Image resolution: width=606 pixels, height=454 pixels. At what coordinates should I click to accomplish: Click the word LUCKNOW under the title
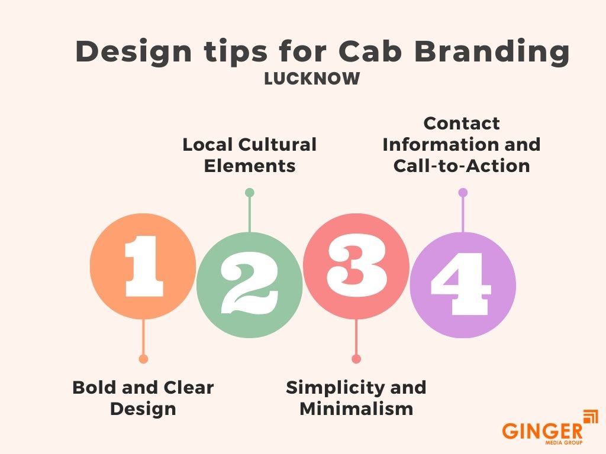pyautogui.click(x=312, y=79)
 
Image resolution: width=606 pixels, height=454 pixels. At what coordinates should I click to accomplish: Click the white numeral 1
pyautogui.click(x=143, y=266)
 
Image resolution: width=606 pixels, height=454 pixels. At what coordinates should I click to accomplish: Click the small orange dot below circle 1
pyautogui.click(x=143, y=359)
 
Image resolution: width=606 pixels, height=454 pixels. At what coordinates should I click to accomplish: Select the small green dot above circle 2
pyautogui.click(x=249, y=193)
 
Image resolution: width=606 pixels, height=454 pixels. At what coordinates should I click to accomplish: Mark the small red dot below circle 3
pyautogui.click(x=356, y=359)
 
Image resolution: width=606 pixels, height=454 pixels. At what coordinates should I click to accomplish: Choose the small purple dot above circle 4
pyautogui.click(x=463, y=193)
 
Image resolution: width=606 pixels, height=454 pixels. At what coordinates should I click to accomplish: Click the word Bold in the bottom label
pyautogui.click(x=94, y=388)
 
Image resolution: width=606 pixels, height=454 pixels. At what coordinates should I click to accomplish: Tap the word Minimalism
pyautogui.click(x=356, y=408)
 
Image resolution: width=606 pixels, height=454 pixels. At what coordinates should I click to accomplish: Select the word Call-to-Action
pyautogui.click(x=462, y=166)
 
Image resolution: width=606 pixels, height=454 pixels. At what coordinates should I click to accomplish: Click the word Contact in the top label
pyautogui.click(x=462, y=123)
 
